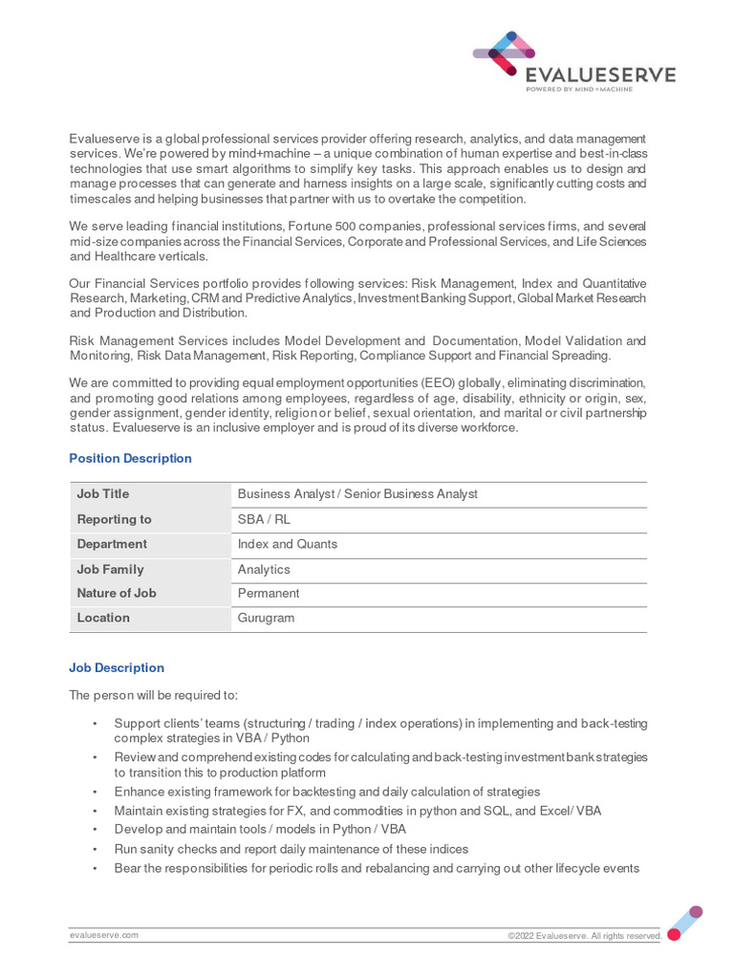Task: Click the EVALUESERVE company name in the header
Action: pyautogui.click(x=600, y=76)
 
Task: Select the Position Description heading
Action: pyautogui.click(x=130, y=459)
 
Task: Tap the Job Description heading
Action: pyautogui.click(x=117, y=668)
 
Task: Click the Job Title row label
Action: pyautogui.click(x=103, y=494)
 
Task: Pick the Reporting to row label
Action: pyautogui.click(x=114, y=519)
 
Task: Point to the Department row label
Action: pyautogui.click(x=112, y=544)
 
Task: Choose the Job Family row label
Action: pyautogui.click(x=110, y=569)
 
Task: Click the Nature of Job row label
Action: pyautogui.click(x=117, y=593)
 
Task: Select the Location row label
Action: pyautogui.click(x=103, y=618)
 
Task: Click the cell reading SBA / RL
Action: pyautogui.click(x=264, y=519)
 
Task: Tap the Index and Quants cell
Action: pyautogui.click(x=287, y=544)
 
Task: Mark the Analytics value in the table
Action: pyautogui.click(x=263, y=569)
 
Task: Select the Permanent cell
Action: pyautogui.click(x=268, y=593)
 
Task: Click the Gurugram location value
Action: pyautogui.click(x=266, y=618)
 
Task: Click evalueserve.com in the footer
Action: pyautogui.click(x=103, y=935)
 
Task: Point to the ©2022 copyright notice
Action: pyautogui.click(x=584, y=936)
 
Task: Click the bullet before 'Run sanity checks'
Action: pyautogui.click(x=95, y=850)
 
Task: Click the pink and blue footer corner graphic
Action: pyautogui.click(x=684, y=923)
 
